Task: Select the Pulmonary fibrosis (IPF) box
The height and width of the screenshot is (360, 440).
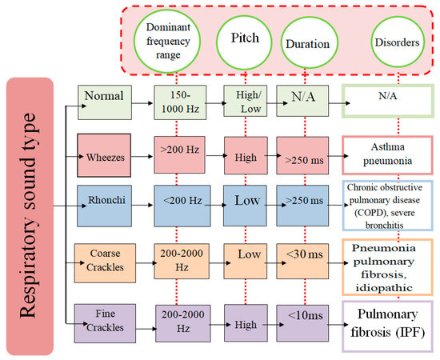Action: point(390,320)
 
